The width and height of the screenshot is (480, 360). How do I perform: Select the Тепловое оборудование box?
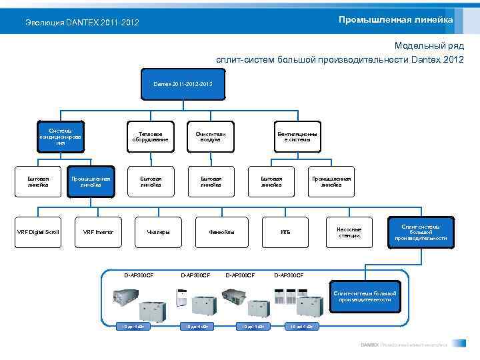(151, 137)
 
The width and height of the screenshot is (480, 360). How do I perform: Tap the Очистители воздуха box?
(211, 137)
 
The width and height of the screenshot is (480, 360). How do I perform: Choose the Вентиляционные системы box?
(297, 137)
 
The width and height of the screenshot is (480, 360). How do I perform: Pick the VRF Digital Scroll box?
(38, 232)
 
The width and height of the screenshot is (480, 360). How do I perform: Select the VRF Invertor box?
(98, 232)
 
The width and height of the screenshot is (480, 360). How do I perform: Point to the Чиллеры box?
(159, 232)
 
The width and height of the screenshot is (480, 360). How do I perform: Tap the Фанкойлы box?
(221, 232)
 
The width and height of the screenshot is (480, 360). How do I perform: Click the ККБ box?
(285, 232)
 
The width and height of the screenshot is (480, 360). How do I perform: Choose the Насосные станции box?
(349, 232)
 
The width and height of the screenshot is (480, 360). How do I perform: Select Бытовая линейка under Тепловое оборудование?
(151, 181)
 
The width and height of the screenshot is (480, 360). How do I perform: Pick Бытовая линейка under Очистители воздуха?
(211, 181)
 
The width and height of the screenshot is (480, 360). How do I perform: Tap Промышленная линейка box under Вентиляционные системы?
(331, 181)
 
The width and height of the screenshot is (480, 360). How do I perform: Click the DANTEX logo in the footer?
(370, 345)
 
